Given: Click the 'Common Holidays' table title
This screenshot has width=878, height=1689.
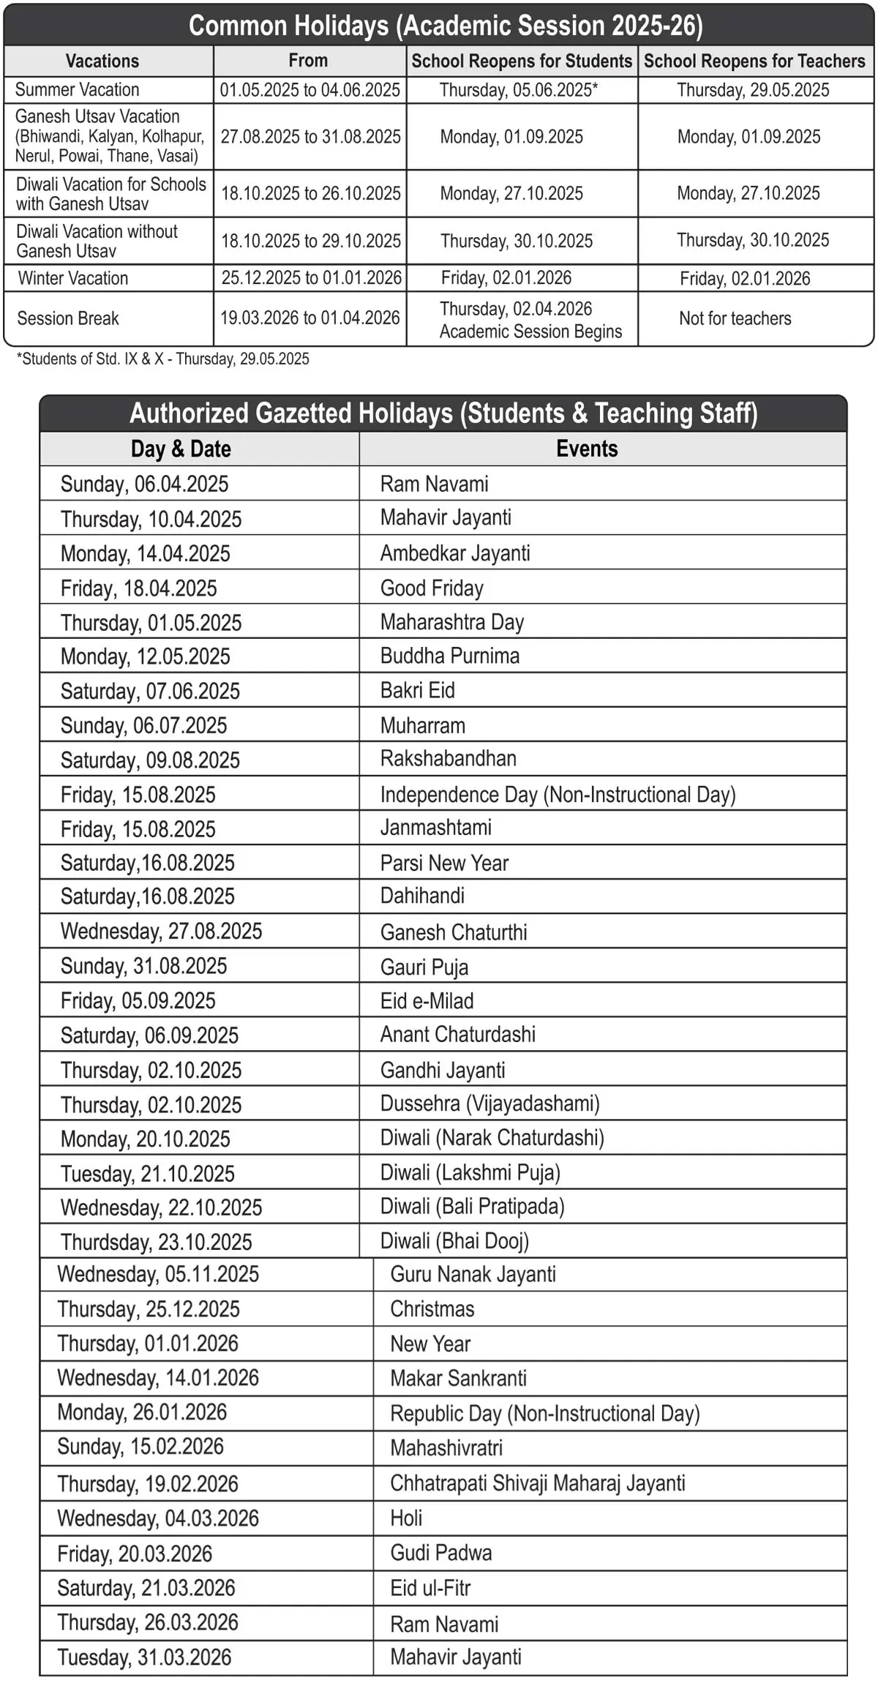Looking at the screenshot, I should click(x=445, y=26).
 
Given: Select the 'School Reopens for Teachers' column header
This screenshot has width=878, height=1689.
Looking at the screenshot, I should click(x=754, y=61).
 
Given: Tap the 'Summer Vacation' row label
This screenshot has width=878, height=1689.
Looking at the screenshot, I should click(x=77, y=90).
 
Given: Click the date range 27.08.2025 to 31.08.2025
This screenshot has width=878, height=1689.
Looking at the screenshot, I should click(x=310, y=137).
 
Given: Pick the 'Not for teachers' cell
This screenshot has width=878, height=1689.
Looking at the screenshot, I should click(x=735, y=318).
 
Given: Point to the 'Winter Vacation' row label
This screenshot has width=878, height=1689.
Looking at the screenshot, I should click(x=72, y=278).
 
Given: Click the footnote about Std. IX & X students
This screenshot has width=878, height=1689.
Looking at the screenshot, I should click(x=162, y=359).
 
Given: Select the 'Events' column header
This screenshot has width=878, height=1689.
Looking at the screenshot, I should click(x=587, y=449).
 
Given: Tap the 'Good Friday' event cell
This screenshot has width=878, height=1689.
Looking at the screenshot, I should click(x=432, y=588).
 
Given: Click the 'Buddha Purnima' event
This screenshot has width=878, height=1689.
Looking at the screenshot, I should click(x=449, y=656).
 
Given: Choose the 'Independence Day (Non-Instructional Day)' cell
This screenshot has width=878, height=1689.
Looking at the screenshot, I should click(x=558, y=795).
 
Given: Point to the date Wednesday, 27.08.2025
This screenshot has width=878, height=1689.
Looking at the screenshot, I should click(x=161, y=931).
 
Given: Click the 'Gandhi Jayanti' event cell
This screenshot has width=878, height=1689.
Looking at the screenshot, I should click(x=442, y=1070).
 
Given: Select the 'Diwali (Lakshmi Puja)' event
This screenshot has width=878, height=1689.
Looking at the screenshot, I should click(x=470, y=1173).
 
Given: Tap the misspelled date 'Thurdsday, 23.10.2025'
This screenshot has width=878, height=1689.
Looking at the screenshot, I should click(x=156, y=1242).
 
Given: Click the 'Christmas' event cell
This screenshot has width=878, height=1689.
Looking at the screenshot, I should click(x=432, y=1309).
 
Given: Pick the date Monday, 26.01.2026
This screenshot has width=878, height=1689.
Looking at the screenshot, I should click(x=142, y=1412).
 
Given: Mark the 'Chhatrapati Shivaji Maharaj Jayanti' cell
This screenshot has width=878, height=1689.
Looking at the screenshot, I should click(x=537, y=1483).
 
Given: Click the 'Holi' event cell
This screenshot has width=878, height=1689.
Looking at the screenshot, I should click(x=406, y=1518).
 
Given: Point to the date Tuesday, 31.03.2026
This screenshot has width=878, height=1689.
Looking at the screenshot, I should click(x=144, y=1658).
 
